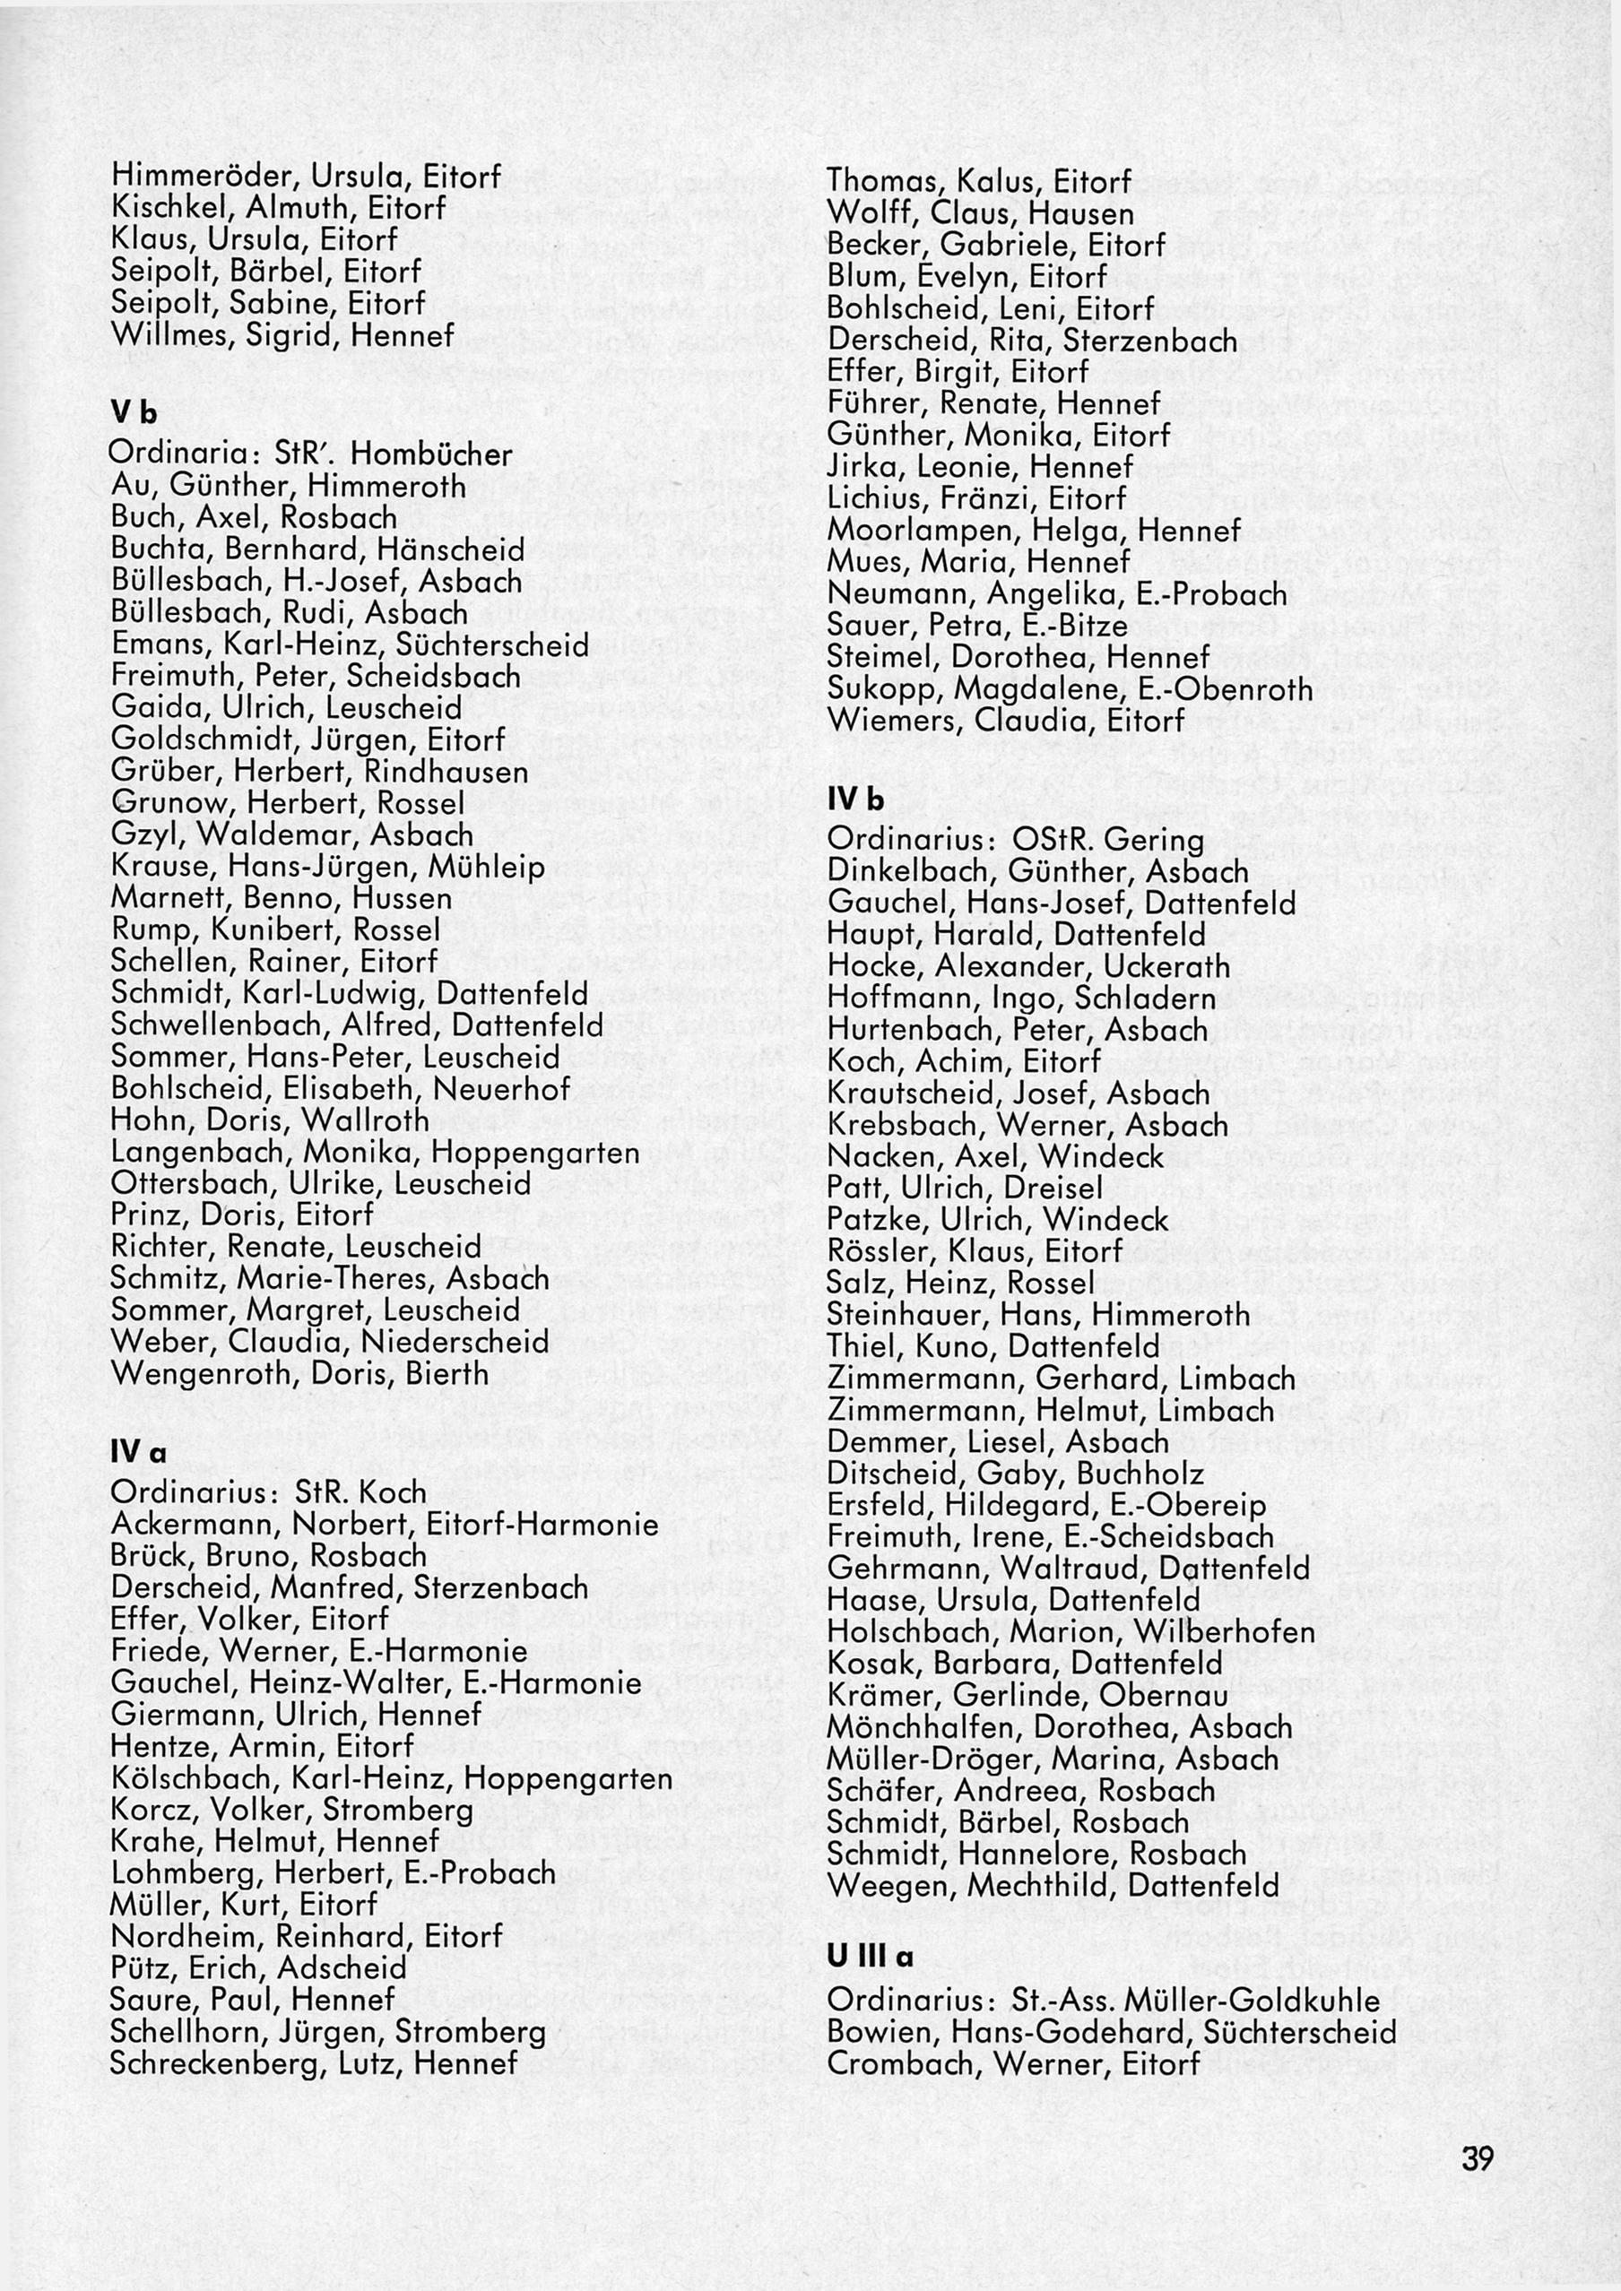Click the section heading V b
(x=134, y=412)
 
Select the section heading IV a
(x=138, y=1454)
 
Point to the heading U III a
(x=870, y=1957)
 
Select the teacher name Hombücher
(x=431, y=455)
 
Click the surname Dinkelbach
(x=910, y=872)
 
